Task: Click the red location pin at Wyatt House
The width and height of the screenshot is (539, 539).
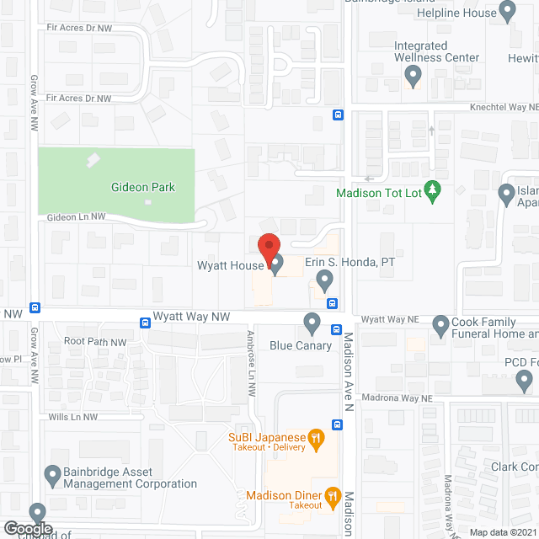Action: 268,248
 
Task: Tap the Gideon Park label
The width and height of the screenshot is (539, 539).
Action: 143,187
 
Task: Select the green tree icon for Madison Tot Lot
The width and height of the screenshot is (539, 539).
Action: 433,190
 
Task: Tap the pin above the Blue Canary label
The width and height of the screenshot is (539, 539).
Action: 312,323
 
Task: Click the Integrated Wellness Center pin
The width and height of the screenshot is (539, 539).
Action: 412,77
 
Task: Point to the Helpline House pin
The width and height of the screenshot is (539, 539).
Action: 507,12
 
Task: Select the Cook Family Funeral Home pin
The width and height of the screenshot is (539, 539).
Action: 440,324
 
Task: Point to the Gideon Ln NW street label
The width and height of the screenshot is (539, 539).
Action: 76,216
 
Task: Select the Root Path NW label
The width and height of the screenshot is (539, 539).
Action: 95,343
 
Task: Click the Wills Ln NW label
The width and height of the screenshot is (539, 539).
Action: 73,417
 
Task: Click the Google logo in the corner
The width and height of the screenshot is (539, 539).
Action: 27,528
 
